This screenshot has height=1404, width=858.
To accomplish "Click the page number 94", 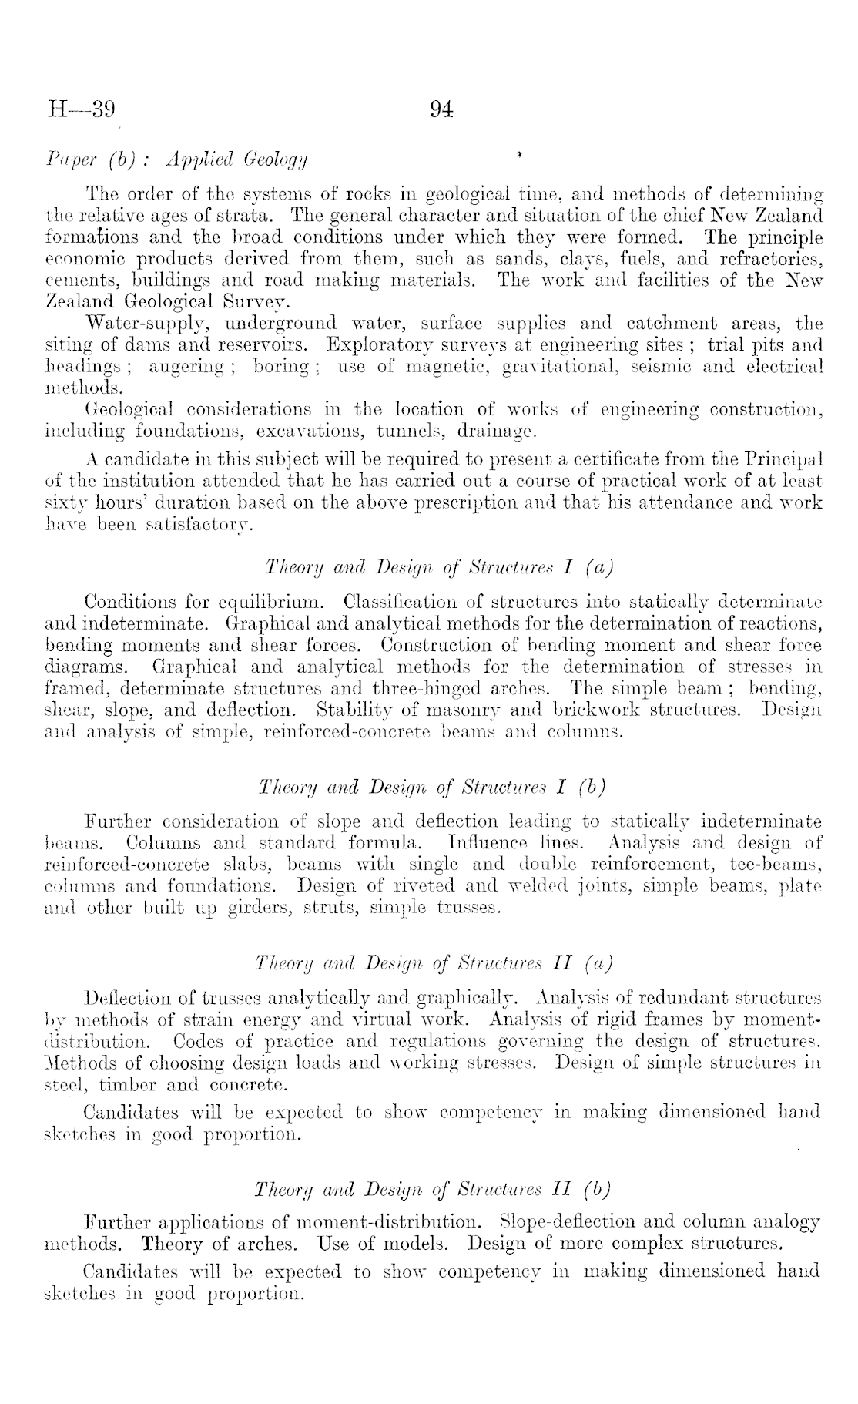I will [441, 109].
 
